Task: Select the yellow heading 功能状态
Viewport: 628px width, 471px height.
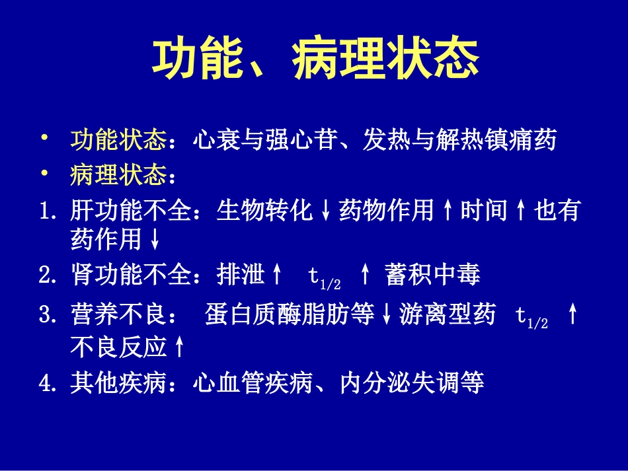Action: coord(119,140)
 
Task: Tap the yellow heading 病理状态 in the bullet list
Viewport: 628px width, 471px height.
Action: coord(119,175)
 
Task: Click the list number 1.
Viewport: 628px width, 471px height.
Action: coord(48,211)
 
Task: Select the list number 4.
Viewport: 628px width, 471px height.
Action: coord(48,383)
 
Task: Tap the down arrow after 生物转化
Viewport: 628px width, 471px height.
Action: coord(326,211)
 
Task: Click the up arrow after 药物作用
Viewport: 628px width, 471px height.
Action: coord(448,211)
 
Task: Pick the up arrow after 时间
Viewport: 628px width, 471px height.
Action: coord(520,211)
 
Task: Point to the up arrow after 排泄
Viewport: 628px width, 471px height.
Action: coord(276,275)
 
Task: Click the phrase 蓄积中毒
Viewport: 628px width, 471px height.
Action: coord(432,275)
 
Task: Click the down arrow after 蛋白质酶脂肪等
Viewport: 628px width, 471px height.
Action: coord(387,314)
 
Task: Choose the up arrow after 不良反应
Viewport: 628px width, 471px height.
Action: coord(179,347)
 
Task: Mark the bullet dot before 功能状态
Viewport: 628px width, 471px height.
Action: coord(44,138)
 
